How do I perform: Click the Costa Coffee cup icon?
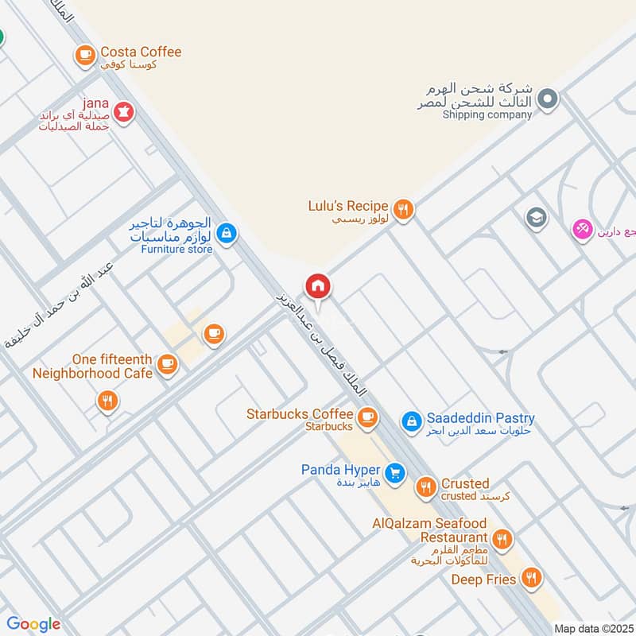click(x=85, y=55)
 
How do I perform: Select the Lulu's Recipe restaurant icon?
click(x=404, y=209)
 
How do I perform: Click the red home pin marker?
click(x=317, y=286)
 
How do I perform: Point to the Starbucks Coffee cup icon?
click(x=366, y=417)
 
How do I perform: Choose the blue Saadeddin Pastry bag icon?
click(x=411, y=421)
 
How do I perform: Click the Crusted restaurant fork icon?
click(x=427, y=487)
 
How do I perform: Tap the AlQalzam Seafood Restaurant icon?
click(x=502, y=541)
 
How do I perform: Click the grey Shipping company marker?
click(x=547, y=99)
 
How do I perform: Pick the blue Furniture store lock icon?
click(x=227, y=233)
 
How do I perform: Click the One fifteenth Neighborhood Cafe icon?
click(x=166, y=364)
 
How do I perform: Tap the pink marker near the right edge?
click(x=583, y=230)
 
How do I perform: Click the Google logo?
click(x=33, y=624)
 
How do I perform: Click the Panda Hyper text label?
click(x=340, y=470)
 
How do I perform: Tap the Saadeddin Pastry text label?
click(x=480, y=418)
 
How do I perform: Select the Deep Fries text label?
click(x=484, y=580)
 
